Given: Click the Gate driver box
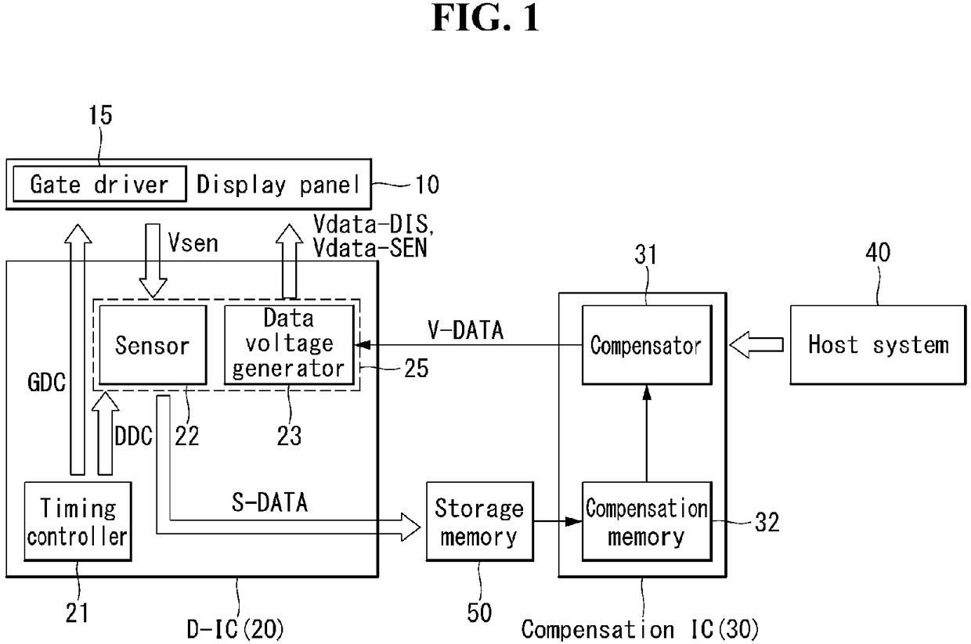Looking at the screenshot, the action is coord(99,184).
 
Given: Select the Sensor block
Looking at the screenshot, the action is coord(153,345).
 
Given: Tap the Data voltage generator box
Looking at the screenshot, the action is coord(289,345).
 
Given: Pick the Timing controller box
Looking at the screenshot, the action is coord(78,521).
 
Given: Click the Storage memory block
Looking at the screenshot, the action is coord(480,521).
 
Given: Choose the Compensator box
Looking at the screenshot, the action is coord(647,345).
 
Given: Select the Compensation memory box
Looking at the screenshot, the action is coord(647,521).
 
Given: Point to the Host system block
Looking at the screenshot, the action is coord(879,345).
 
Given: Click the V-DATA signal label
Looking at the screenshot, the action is coord(466,330).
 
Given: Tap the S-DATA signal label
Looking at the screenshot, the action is coord(269,503).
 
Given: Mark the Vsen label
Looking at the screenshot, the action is coord(193,243).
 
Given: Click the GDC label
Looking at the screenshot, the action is coord(46,383).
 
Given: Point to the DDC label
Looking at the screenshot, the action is coord(133,436).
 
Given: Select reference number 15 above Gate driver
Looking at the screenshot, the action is coord(100,116).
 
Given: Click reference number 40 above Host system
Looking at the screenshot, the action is coord(879,252).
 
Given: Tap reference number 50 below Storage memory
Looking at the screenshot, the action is coord(479,613).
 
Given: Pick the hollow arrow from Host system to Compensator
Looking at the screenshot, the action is coord(756,345).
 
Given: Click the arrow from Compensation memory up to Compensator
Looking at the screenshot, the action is coord(647,434).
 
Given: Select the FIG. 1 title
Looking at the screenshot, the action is coord(485,18).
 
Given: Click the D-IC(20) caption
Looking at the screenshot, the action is coord(236,629).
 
